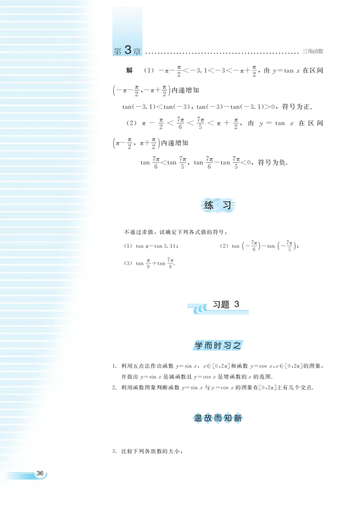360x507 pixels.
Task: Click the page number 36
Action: tap(40, 473)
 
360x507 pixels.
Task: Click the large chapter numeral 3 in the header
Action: tap(128, 50)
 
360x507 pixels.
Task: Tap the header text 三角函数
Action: tap(313, 51)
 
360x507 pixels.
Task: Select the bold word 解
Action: tap(130, 71)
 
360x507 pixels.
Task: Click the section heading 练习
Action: tap(218, 205)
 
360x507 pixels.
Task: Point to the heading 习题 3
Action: tap(226, 304)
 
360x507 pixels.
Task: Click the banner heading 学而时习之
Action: tap(218, 345)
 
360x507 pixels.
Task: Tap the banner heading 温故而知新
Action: tap(218, 418)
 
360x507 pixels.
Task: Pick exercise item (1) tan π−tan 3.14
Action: tap(151, 246)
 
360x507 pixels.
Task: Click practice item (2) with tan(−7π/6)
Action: tap(259, 246)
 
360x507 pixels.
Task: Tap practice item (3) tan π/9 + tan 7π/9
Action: tap(149, 263)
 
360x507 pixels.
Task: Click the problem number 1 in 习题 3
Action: tap(114, 366)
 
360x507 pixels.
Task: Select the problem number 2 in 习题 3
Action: tap(114, 387)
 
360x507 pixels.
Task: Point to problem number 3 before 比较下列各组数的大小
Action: tap(114, 451)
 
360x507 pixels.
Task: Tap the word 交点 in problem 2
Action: tap(306, 387)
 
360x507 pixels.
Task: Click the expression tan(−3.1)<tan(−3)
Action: tap(156, 107)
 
